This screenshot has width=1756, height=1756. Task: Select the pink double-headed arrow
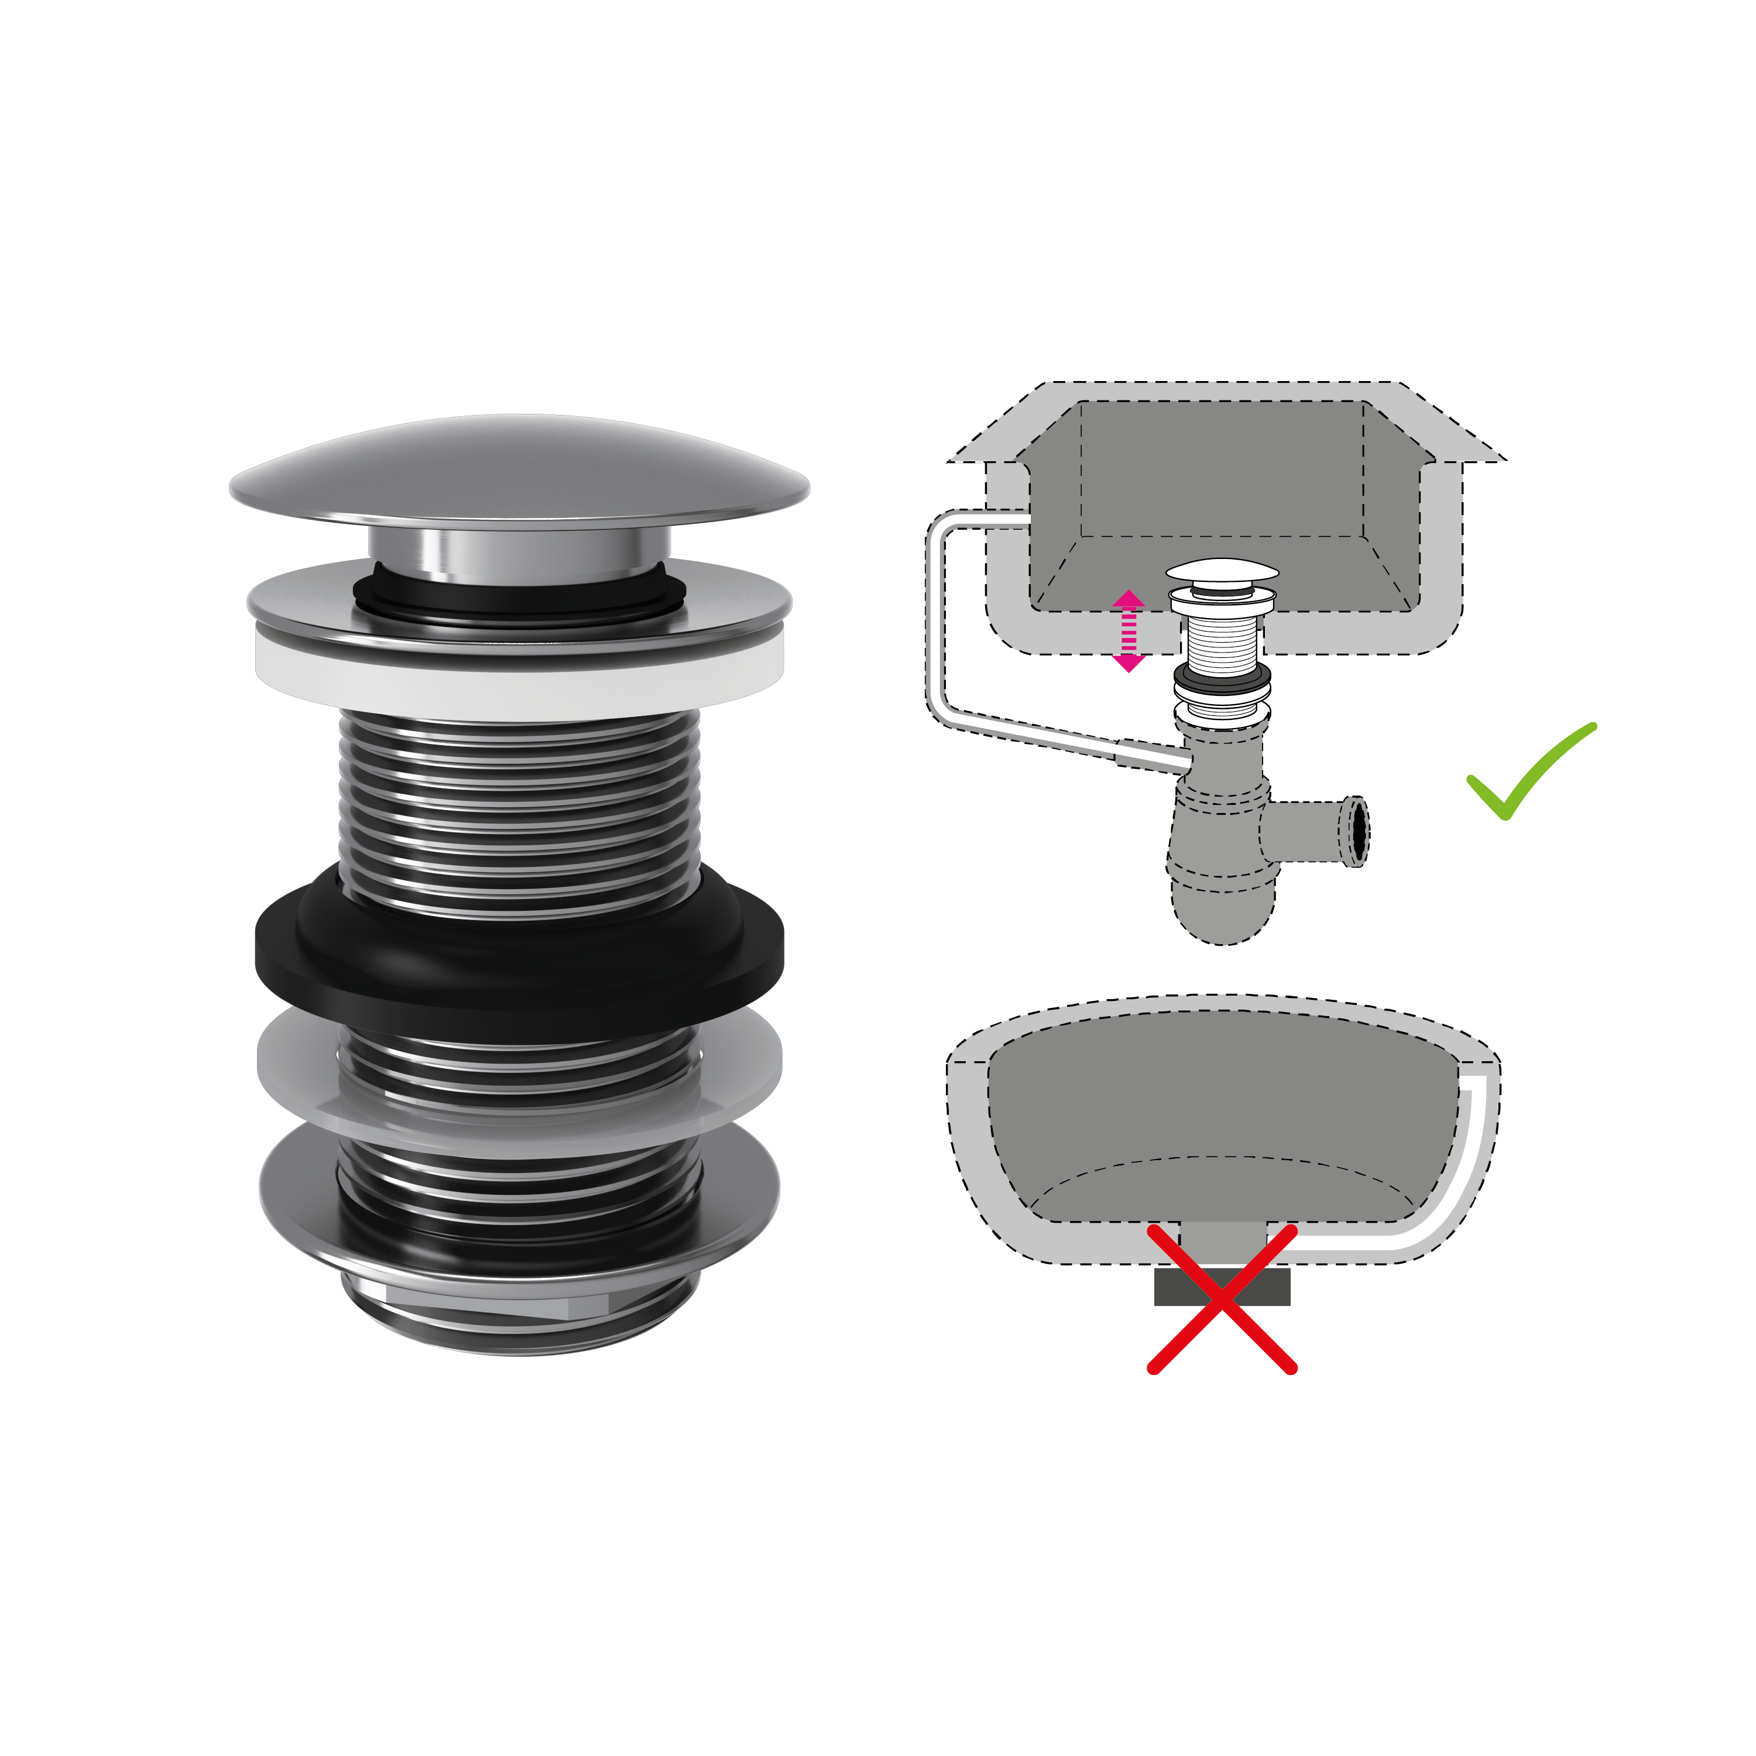(x=1128, y=631)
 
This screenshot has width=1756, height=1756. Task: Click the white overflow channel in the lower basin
(x=1473, y=1154)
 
